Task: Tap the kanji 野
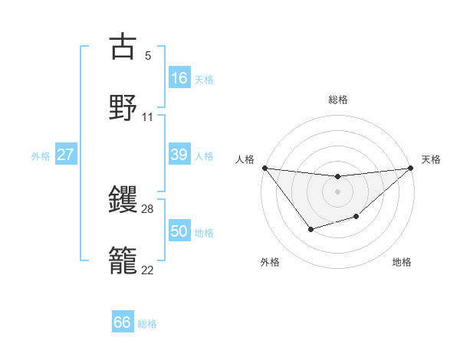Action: [123, 107]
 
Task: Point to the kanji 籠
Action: [123, 260]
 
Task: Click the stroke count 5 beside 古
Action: [148, 56]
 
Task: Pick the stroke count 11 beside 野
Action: [148, 117]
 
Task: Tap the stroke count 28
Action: [148, 209]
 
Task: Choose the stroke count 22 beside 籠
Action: [148, 270]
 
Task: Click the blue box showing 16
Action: [179, 78]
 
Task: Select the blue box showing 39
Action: [179, 155]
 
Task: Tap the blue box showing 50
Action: [179, 231]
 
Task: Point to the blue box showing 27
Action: [66, 155]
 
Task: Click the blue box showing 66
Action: [123, 322]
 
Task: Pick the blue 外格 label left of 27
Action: [41, 156]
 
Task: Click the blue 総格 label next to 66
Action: [147, 324]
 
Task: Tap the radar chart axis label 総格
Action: [337, 100]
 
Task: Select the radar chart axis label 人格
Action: [245, 159]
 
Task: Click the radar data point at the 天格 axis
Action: [410, 168]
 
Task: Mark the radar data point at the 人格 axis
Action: [264, 168]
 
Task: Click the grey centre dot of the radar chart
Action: [337, 191]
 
